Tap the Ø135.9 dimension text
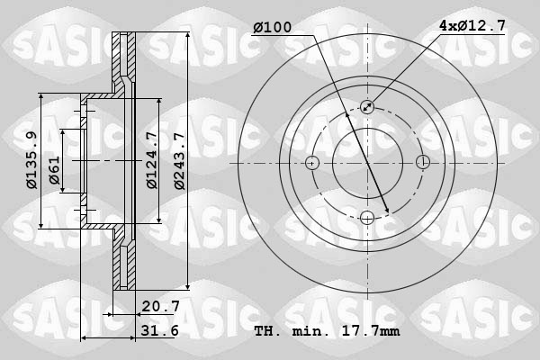pyautogui.click(x=31, y=161)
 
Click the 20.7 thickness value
pyautogui.click(x=162, y=306)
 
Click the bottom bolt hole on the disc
pyautogui.click(x=367, y=217)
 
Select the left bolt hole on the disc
pyautogui.click(x=312, y=163)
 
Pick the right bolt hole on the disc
pyautogui.click(x=422, y=163)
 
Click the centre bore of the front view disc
pyautogui.click(x=367, y=163)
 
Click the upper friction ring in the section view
pyautogui.click(x=123, y=63)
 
